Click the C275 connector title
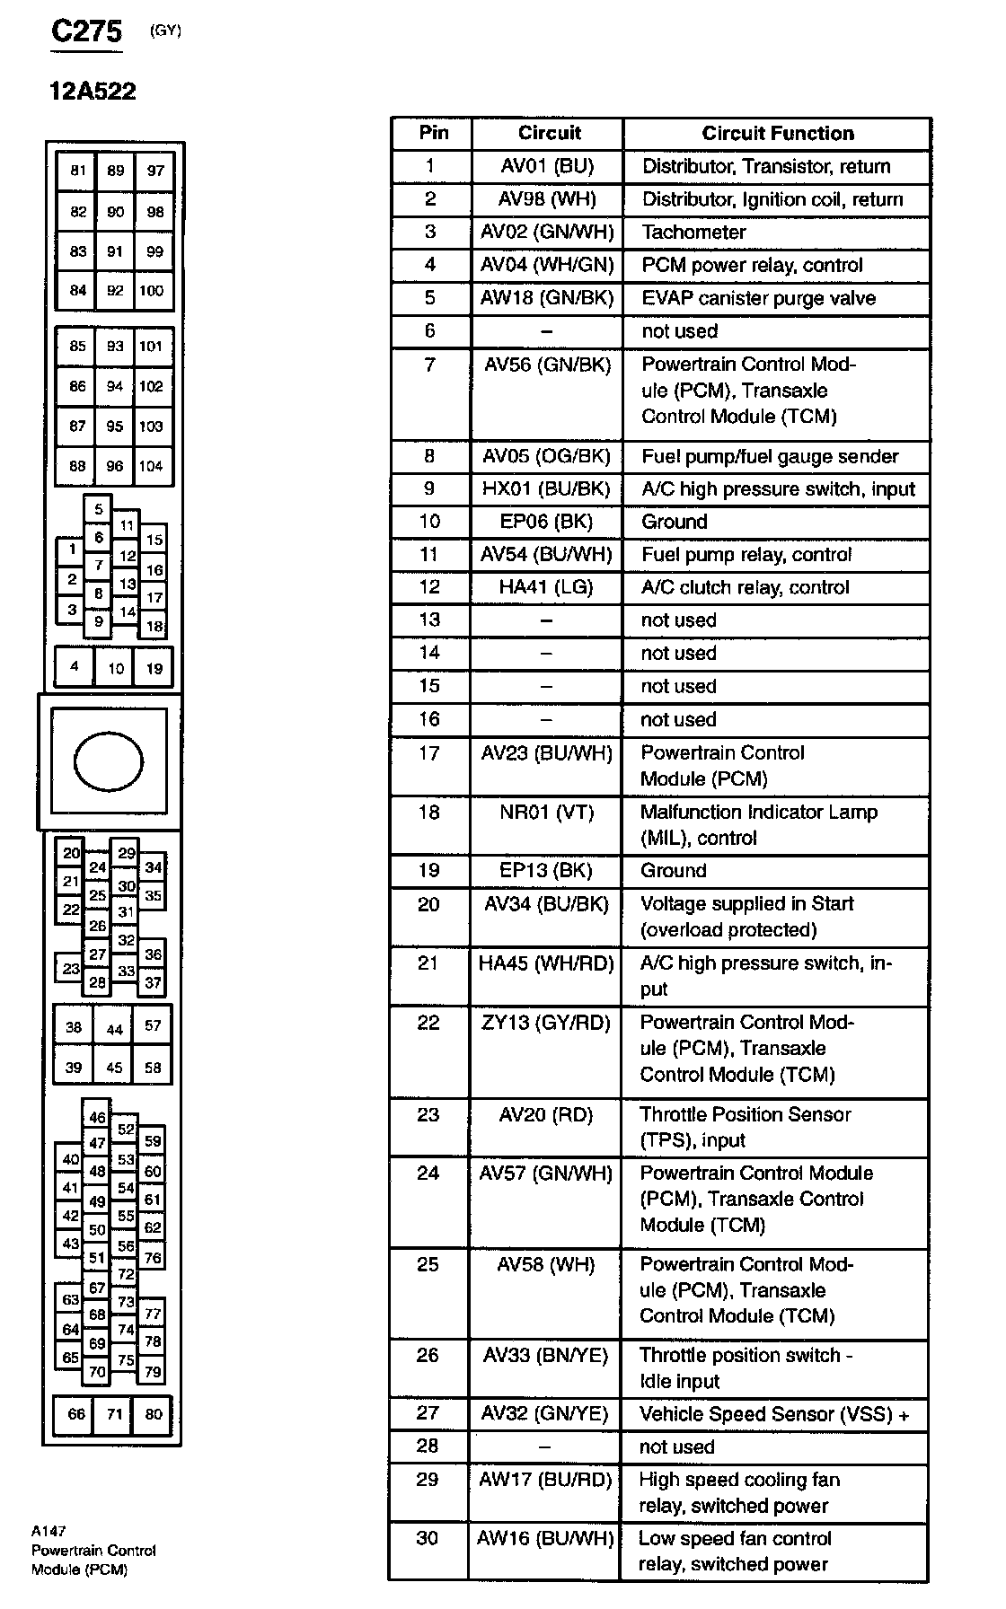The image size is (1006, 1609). tap(86, 31)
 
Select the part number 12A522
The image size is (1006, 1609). tap(93, 91)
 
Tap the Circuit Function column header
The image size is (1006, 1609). tap(777, 134)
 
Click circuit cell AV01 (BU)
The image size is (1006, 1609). tap(547, 166)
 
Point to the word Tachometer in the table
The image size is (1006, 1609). tap(693, 233)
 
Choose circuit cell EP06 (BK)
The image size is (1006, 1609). tap(547, 522)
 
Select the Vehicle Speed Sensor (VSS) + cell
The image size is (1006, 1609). tap(774, 1414)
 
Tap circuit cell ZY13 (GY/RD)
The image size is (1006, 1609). tap(545, 1023)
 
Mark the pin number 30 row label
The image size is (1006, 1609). tap(428, 1538)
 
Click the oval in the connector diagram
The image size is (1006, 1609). tap(109, 761)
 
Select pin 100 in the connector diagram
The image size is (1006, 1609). tap(152, 290)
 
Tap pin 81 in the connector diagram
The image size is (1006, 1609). tap(78, 171)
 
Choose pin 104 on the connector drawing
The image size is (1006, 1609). tap(151, 466)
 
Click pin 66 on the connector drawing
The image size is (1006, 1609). tap(76, 1414)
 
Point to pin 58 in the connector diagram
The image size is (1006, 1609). tap(153, 1068)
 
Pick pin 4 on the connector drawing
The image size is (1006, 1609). tap(75, 666)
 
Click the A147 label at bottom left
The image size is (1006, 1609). tap(49, 1531)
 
